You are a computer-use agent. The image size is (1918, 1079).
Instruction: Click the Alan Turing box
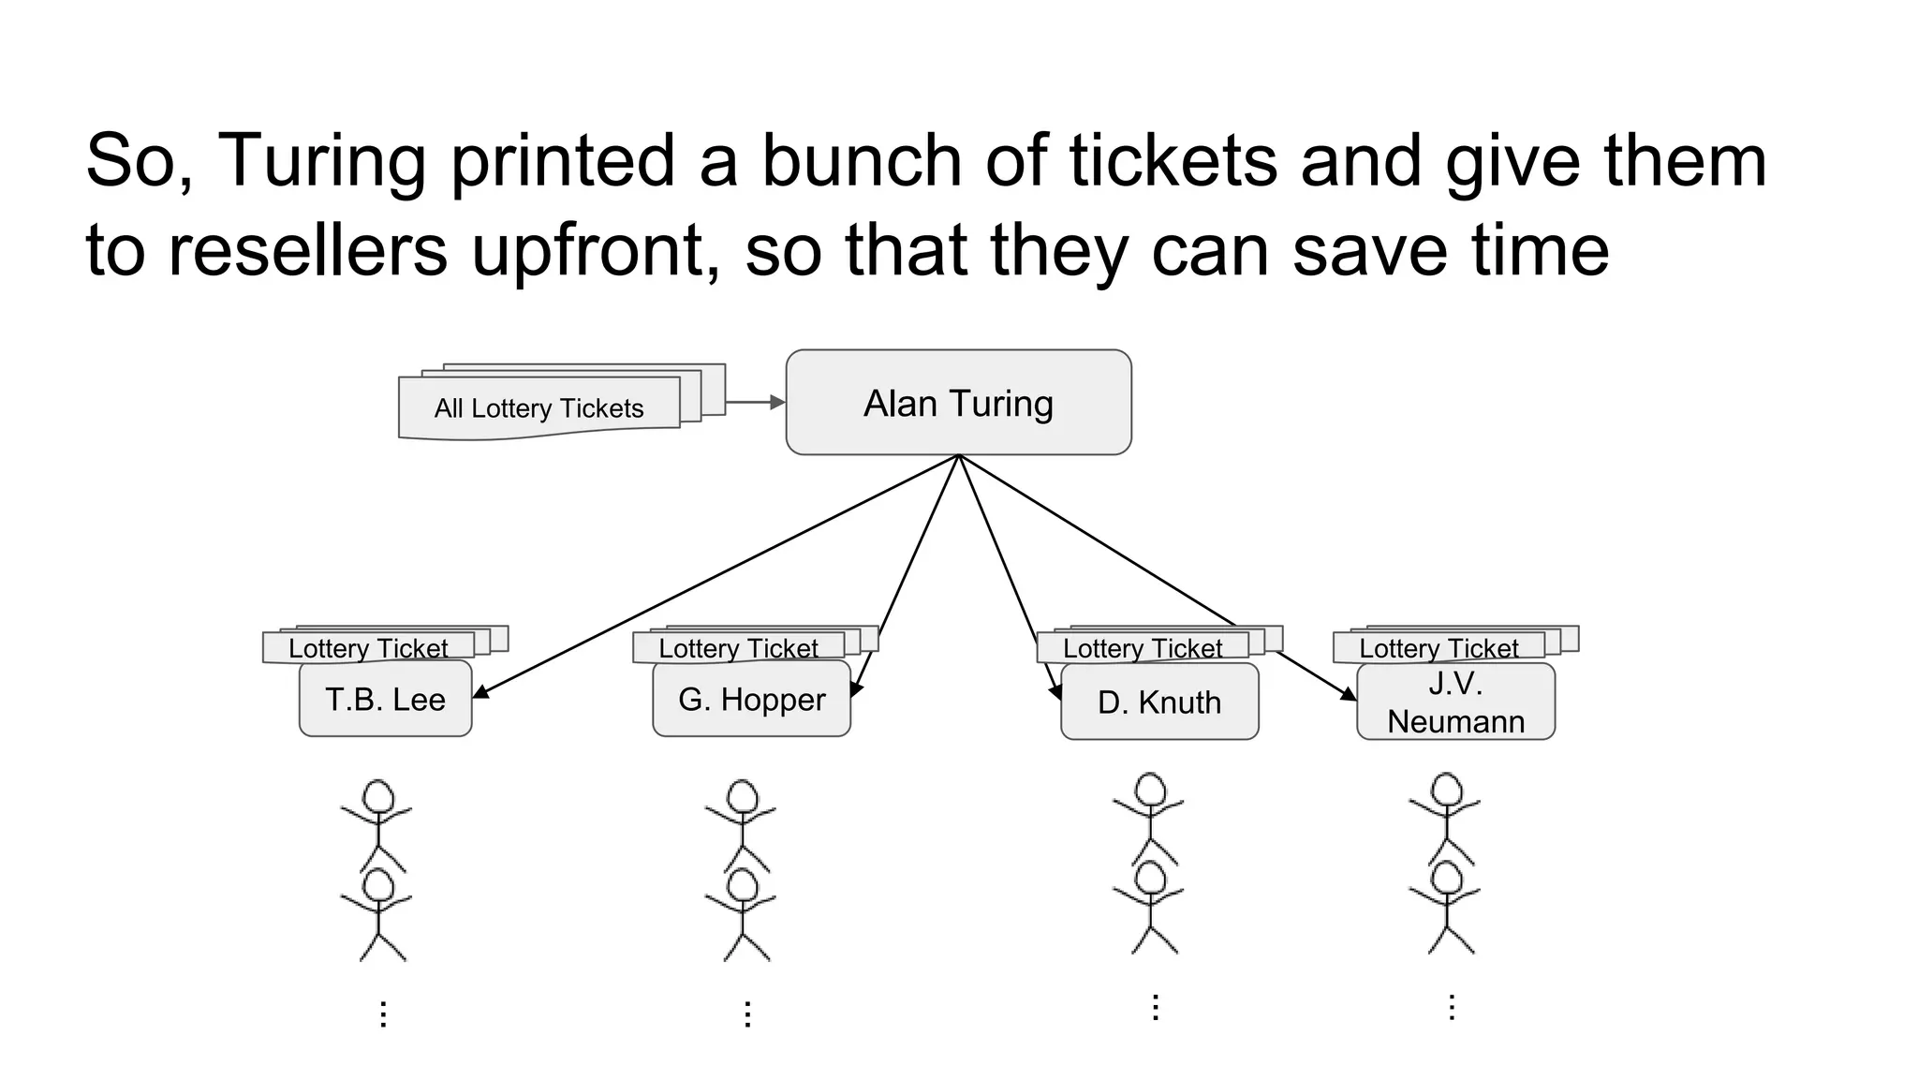[x=958, y=403]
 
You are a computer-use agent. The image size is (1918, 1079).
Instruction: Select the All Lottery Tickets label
[x=539, y=408]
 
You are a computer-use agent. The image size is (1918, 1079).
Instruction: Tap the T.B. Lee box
[x=385, y=699]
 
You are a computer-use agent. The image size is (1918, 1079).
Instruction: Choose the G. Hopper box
[x=751, y=699]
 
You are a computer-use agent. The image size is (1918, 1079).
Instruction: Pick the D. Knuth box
[x=1159, y=702]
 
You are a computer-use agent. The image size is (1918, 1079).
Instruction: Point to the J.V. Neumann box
[x=1455, y=702]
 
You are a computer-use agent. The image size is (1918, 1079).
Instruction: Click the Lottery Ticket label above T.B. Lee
[x=368, y=648]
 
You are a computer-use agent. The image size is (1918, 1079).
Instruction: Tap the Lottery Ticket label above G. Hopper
[x=738, y=648]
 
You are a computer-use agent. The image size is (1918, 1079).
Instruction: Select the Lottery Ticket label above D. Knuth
[x=1143, y=648]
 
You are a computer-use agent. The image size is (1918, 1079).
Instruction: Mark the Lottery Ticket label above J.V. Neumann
[x=1438, y=648]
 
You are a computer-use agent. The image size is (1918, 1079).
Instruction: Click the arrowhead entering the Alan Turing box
[x=777, y=402]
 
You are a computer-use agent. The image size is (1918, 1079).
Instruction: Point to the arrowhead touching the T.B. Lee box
[x=480, y=692]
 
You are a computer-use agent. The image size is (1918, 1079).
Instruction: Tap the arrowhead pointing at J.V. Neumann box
[x=1349, y=694]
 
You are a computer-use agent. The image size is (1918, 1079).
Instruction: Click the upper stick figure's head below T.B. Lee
[x=377, y=797]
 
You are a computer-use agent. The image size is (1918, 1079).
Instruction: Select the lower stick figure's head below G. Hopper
[x=742, y=886]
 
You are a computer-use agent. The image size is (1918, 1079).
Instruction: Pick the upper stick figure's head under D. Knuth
[x=1150, y=790]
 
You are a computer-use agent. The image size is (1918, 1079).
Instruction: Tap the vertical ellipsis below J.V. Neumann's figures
[x=1451, y=1007]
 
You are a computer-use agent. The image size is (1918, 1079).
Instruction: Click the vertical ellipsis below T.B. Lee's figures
[x=382, y=1013]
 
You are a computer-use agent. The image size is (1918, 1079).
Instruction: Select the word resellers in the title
[x=308, y=250]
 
